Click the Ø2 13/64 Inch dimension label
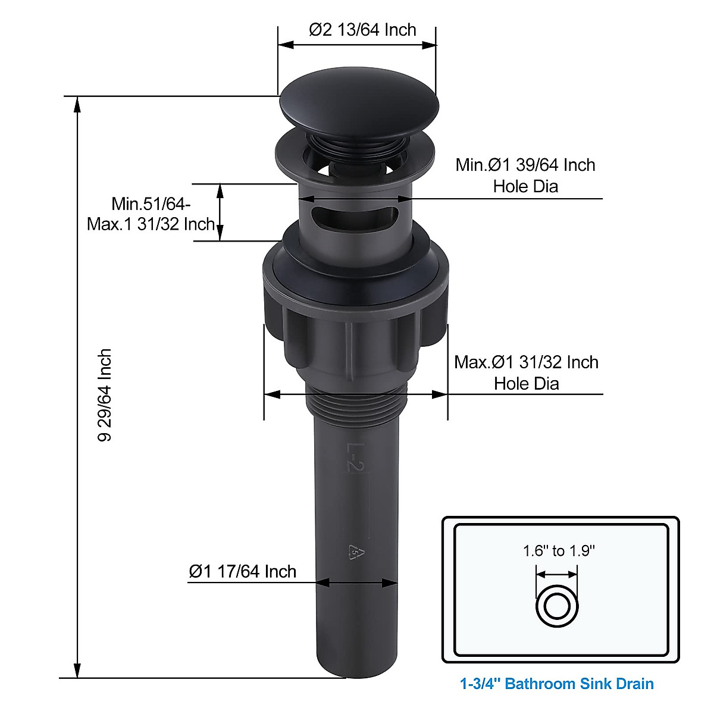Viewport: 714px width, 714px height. [x=362, y=30]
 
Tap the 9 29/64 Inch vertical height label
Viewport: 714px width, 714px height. [x=105, y=394]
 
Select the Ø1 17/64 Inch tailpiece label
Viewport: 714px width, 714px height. [x=242, y=571]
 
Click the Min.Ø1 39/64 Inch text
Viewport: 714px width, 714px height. [x=525, y=165]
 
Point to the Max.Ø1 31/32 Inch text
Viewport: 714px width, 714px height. [x=526, y=362]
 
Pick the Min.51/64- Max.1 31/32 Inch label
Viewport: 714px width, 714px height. [x=151, y=214]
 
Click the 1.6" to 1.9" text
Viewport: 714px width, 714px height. [x=559, y=551]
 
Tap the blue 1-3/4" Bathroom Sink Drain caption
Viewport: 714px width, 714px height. [x=557, y=684]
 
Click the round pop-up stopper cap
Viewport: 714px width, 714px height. [x=359, y=105]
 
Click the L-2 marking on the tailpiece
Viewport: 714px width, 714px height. [x=355, y=457]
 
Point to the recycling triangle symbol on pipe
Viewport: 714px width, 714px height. [x=355, y=553]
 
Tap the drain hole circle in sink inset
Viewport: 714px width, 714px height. [x=558, y=607]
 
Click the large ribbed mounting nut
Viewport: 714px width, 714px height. [x=355, y=315]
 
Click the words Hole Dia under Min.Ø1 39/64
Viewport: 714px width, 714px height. [x=525, y=186]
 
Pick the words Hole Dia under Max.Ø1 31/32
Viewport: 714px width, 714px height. [x=526, y=383]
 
